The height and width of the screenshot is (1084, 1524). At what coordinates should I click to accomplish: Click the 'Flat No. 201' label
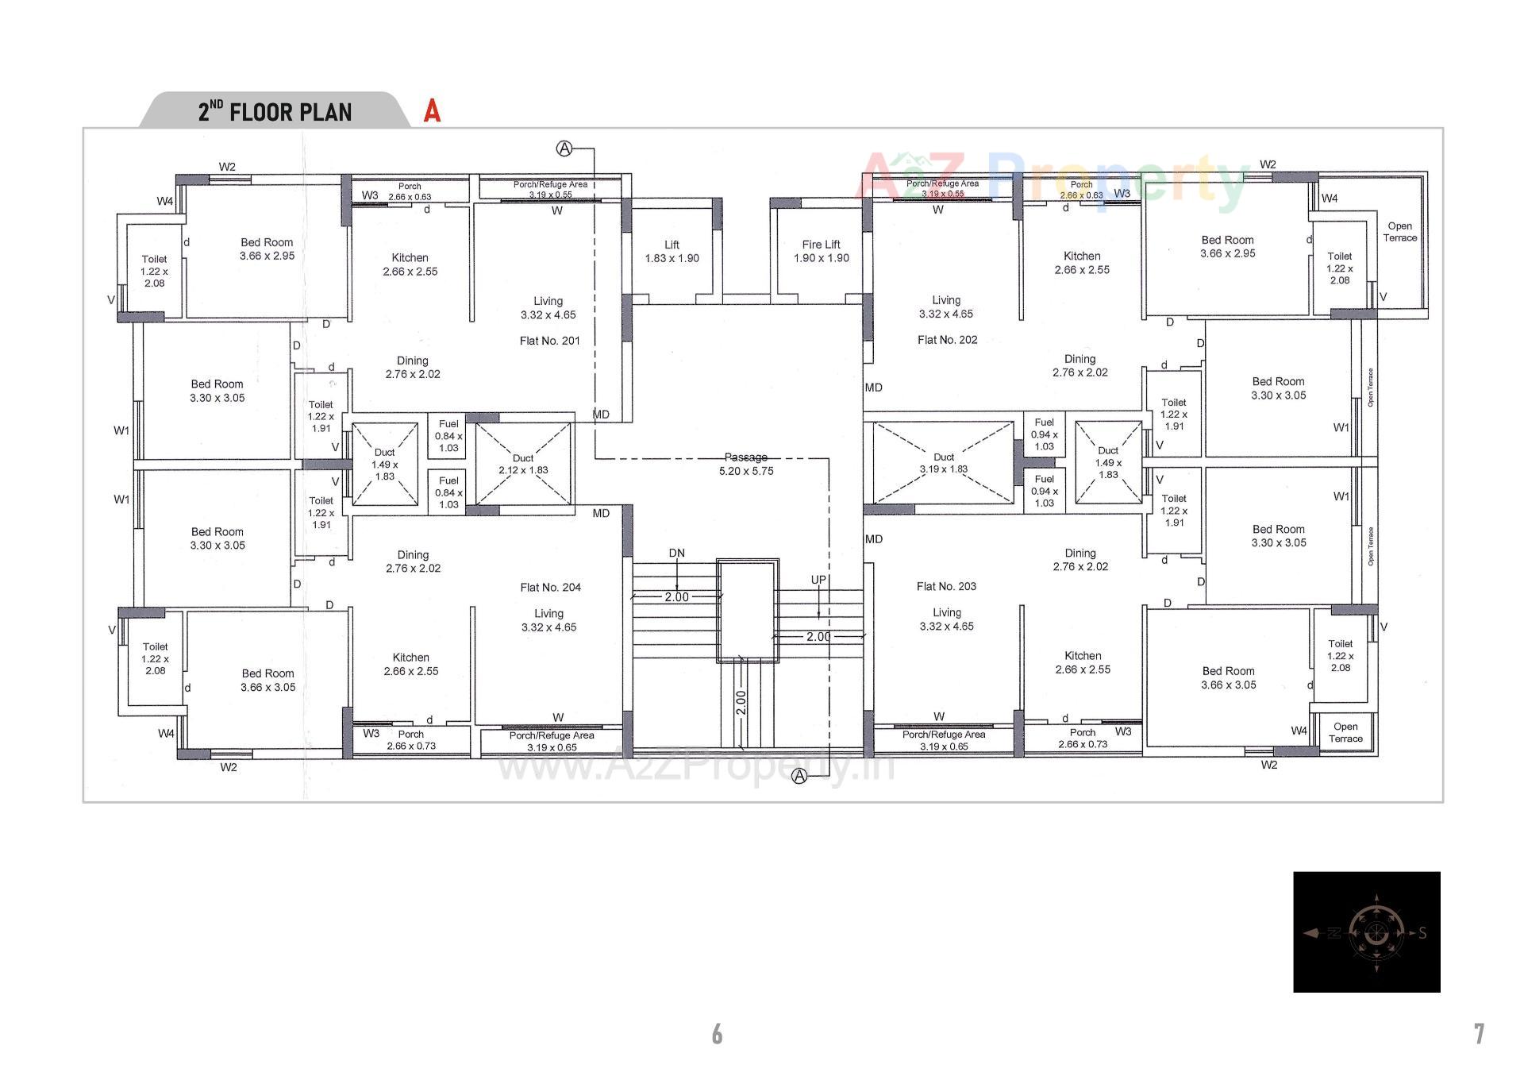click(x=549, y=341)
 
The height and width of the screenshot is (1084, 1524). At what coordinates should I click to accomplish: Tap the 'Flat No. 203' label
click(x=946, y=586)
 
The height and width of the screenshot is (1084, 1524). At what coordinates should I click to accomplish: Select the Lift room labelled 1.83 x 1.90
click(x=672, y=252)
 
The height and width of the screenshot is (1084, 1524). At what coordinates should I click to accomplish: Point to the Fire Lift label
click(x=821, y=245)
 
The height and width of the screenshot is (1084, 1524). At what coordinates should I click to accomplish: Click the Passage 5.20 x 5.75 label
click(x=745, y=464)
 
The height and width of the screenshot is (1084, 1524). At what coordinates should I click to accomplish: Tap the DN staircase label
click(x=676, y=553)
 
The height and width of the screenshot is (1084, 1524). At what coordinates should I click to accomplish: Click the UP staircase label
click(x=818, y=580)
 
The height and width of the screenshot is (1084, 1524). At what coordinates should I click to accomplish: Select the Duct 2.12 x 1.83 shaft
click(x=523, y=464)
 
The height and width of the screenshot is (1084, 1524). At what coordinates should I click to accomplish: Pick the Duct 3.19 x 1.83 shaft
click(x=943, y=463)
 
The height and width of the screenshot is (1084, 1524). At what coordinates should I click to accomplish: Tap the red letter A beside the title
click(x=432, y=111)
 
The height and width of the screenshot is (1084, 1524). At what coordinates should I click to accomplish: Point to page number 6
click(x=717, y=1033)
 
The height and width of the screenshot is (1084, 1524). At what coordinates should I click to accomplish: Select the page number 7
click(x=1479, y=1033)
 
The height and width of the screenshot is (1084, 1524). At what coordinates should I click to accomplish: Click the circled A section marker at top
click(x=564, y=149)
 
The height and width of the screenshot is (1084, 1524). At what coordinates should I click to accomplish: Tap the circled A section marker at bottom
click(x=799, y=776)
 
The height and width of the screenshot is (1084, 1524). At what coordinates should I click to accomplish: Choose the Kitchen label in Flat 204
click(x=410, y=658)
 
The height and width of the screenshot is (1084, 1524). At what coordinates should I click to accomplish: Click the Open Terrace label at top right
click(x=1399, y=232)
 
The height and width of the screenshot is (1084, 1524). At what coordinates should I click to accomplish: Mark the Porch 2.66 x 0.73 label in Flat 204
click(x=410, y=739)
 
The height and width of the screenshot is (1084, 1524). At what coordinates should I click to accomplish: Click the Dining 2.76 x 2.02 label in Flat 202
click(x=1079, y=365)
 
